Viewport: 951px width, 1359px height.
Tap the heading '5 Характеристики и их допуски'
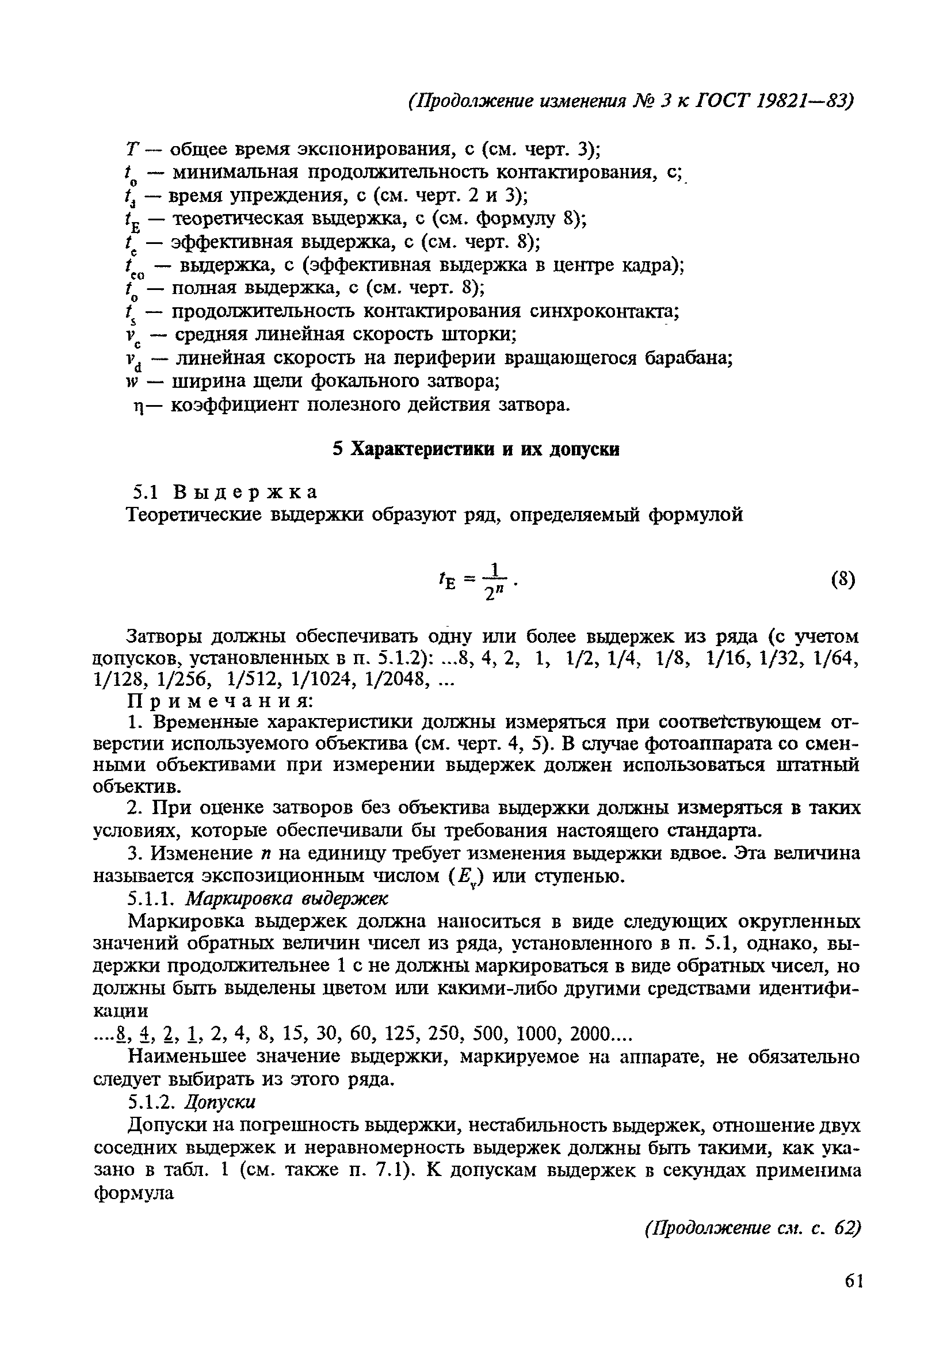click(476, 450)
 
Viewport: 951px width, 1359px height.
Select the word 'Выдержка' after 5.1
click(245, 492)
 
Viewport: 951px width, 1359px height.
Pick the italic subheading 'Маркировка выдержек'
click(288, 899)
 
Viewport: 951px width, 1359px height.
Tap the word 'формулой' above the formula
click(696, 515)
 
